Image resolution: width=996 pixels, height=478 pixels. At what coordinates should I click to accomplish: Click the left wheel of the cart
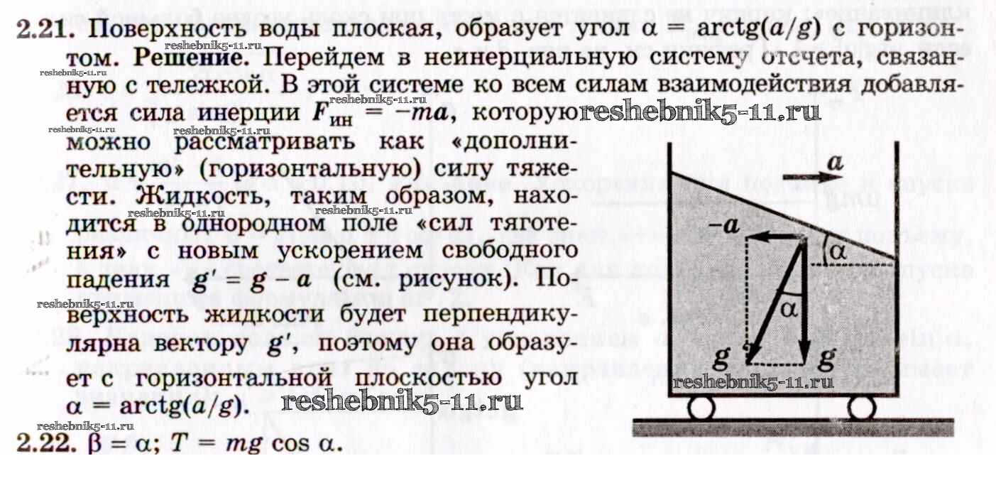tap(702, 409)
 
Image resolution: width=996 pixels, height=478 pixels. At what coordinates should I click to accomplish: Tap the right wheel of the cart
tap(862, 409)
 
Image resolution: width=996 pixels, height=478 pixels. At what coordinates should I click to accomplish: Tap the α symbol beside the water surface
tap(838, 251)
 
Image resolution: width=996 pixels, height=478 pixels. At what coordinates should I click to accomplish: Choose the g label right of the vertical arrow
tap(826, 359)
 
